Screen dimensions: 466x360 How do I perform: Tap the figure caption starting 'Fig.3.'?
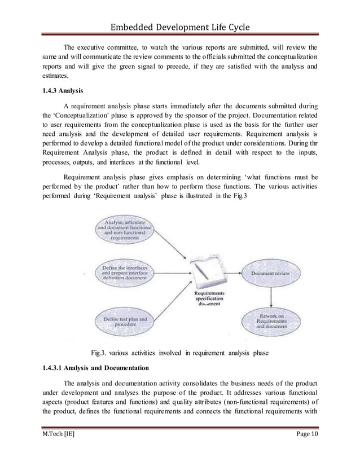pyautogui.click(x=181, y=354)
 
